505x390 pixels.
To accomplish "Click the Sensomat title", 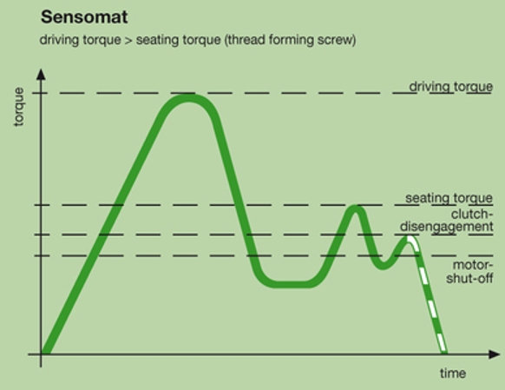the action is (x=84, y=17).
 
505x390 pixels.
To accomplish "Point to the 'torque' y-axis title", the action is (x=19, y=107).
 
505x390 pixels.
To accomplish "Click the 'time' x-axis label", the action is (x=453, y=373).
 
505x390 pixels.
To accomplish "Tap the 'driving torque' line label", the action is (x=451, y=86).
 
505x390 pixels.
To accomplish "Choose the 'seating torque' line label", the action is (x=449, y=198).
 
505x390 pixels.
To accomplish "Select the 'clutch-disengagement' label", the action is (x=447, y=221).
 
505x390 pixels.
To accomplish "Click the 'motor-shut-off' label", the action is (x=469, y=272).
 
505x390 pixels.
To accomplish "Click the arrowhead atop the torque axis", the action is (x=41, y=74).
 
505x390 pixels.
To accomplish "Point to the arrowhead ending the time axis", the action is (x=495, y=354).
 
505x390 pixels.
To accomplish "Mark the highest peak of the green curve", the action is (x=188, y=98).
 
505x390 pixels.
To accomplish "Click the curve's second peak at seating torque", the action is (x=355, y=208).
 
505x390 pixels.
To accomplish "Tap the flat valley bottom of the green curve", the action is (x=290, y=284).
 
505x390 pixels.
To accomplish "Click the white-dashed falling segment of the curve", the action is (x=428, y=295).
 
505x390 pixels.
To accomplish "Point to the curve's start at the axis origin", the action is (x=45, y=351).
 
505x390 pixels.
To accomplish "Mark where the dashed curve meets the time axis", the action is (x=443, y=353).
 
